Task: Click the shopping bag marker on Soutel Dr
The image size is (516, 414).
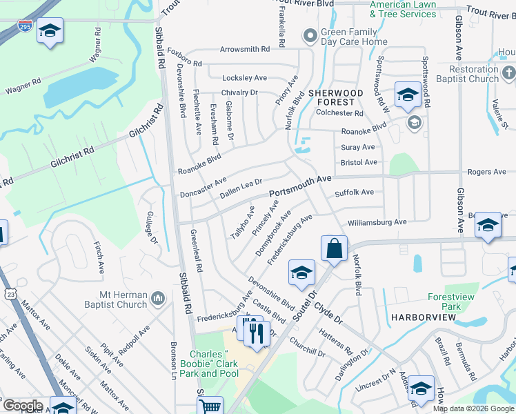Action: pyautogui.click(x=334, y=248)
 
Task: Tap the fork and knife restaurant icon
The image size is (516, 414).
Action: pyautogui.click(x=256, y=333)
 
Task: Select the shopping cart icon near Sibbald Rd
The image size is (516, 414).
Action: pyautogui.click(x=210, y=407)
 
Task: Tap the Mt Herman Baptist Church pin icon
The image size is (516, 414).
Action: pyautogui.click(x=158, y=298)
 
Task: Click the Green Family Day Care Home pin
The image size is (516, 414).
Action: pyautogui.click(x=310, y=34)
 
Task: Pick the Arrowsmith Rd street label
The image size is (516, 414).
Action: pyautogui.click(x=245, y=50)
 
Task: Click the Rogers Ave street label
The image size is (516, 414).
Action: pyautogui.click(x=486, y=172)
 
